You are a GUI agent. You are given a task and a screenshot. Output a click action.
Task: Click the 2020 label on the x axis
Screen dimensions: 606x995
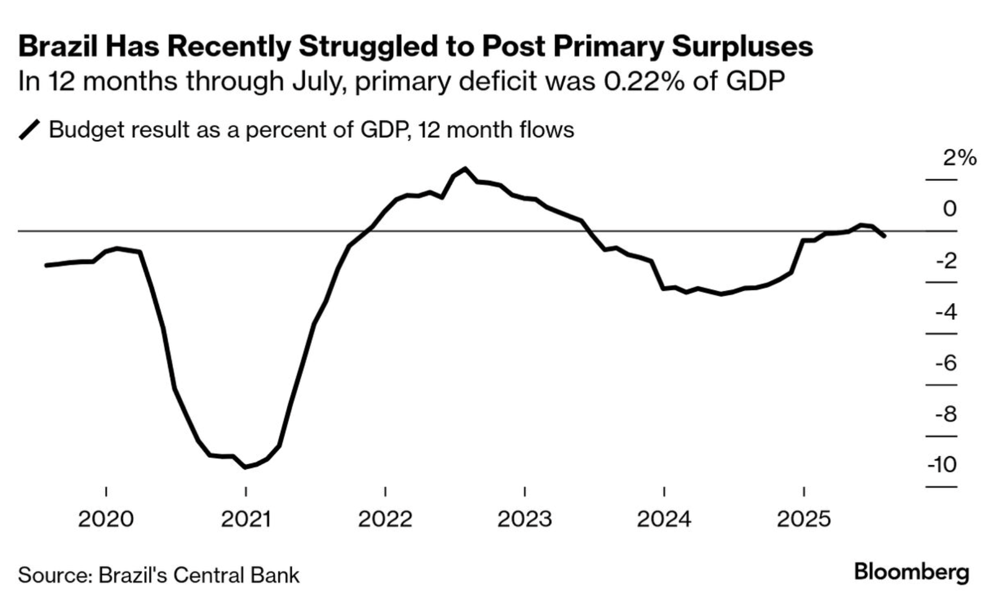(106, 519)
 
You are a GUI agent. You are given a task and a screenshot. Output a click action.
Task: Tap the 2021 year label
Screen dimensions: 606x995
(245, 519)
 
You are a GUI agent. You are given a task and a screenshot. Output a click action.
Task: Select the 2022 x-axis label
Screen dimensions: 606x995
(385, 519)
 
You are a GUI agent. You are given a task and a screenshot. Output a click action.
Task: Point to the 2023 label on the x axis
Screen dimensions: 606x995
(524, 519)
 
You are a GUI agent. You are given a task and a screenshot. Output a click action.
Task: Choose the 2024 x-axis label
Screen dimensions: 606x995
(664, 519)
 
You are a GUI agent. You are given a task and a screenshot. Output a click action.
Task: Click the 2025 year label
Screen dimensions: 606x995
(803, 519)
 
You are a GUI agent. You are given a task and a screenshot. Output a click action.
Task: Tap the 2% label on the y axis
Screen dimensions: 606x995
(960, 158)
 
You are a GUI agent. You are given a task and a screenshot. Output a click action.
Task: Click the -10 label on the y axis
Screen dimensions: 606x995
(942, 465)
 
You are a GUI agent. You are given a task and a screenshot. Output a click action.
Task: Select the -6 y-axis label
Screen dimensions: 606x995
(946, 363)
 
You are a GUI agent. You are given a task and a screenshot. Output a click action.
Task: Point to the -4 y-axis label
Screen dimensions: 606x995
(946, 312)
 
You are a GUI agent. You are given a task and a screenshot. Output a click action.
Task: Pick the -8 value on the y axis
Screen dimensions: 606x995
(946, 414)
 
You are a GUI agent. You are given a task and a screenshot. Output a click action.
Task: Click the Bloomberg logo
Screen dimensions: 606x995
(912, 572)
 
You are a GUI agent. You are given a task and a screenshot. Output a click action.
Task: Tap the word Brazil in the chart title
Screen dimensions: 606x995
(58, 46)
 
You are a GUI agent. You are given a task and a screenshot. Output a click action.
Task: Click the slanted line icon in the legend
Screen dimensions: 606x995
(29, 130)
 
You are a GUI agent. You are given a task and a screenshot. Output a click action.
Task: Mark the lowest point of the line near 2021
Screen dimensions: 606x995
(245, 466)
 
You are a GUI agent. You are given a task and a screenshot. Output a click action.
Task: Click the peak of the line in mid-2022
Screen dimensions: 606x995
(465, 168)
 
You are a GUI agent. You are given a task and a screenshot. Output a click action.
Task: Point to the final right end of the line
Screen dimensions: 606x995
(884, 235)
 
